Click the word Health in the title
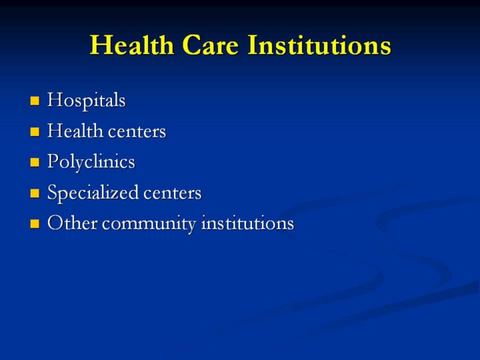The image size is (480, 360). tap(132, 45)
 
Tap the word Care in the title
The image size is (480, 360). tap(210, 45)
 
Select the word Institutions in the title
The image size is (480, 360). tap(319, 45)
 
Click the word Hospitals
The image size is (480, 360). tap(86, 101)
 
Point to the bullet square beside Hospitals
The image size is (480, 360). tap(35, 101)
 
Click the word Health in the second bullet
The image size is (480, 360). tap(75, 131)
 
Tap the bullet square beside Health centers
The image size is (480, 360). tap(35, 131)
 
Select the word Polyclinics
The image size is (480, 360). tap(91, 161)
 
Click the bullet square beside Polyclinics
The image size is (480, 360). tap(35, 162)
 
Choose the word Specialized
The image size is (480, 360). tap(93, 193)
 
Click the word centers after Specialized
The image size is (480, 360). tap(173, 193)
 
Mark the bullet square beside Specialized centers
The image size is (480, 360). tap(35, 193)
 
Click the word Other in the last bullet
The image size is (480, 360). tap(72, 223)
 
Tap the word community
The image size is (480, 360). tap(149, 224)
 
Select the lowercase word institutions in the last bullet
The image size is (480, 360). tap(247, 223)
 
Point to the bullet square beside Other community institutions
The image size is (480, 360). tap(35, 224)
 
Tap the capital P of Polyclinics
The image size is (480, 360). tap(53, 161)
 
